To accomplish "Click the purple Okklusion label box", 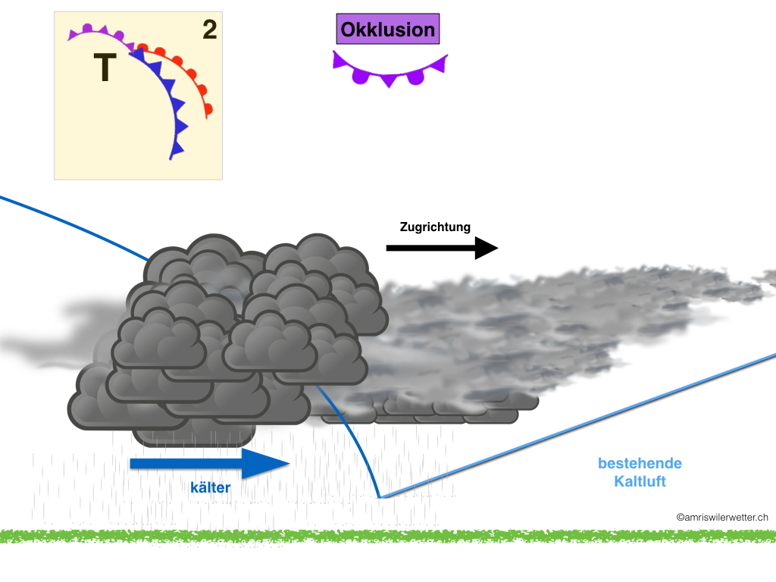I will pyautogui.click(x=388, y=30).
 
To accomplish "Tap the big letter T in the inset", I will pyautogui.click(x=105, y=69).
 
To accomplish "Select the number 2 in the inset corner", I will pyautogui.click(x=210, y=30).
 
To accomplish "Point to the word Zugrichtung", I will pyautogui.click(x=435, y=227).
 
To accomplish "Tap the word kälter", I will pyautogui.click(x=210, y=489).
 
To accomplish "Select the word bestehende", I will pyautogui.click(x=640, y=463).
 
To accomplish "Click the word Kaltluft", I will pyautogui.click(x=640, y=480).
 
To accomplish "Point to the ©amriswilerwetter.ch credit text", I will pyautogui.click(x=722, y=517).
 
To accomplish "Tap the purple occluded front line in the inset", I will pyautogui.click(x=99, y=32).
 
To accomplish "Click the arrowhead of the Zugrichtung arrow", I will pyautogui.click(x=486, y=248).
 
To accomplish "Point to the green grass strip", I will pyautogui.click(x=388, y=536).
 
